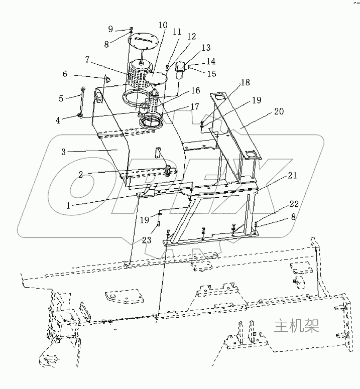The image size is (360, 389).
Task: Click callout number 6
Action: (65, 74)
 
